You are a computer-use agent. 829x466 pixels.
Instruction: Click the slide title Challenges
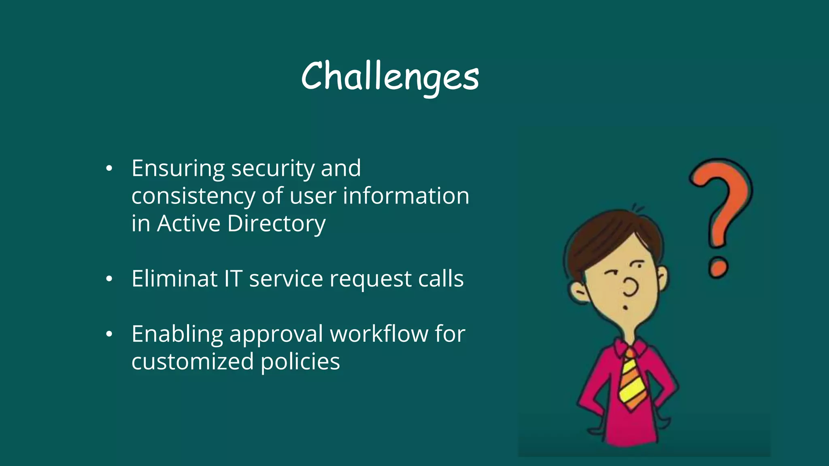(x=390, y=77)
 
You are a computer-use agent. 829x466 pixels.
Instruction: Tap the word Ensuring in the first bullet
(x=178, y=168)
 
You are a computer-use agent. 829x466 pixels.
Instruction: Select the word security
(x=272, y=169)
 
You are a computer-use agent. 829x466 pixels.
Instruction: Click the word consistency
(x=193, y=197)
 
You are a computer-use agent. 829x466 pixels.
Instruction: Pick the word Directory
(x=276, y=224)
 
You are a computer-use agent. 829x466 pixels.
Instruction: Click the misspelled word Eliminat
(x=174, y=279)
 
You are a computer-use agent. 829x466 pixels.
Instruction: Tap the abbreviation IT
(x=233, y=279)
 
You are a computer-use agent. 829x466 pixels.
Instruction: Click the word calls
(x=441, y=279)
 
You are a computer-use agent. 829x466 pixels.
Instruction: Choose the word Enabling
(x=177, y=335)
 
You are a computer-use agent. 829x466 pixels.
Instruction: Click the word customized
(x=193, y=361)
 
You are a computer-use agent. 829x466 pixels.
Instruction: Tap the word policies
(x=300, y=362)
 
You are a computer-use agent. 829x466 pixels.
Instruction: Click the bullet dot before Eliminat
(x=109, y=279)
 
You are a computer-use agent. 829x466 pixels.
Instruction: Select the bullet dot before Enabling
(x=109, y=335)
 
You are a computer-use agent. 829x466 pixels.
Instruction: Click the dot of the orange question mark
(x=718, y=267)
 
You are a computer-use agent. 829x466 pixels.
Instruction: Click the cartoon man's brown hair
(x=607, y=235)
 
